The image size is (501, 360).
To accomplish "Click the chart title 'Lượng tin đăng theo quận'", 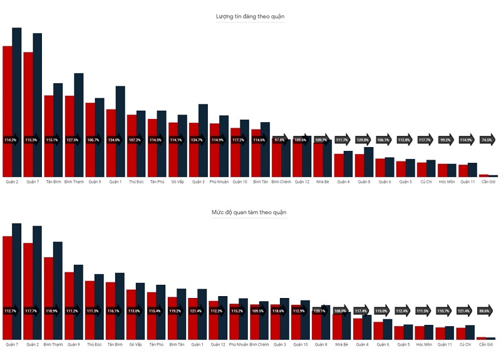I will [x=250, y=16].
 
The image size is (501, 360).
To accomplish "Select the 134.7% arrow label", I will [x=198, y=140].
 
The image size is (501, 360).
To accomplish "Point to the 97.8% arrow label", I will [x=281, y=140].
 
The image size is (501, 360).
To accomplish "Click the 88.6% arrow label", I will [x=485, y=311].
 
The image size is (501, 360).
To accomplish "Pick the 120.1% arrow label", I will [x=321, y=311].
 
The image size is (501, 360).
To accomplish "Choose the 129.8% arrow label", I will [x=363, y=140].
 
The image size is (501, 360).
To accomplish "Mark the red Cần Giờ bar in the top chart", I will [x=483, y=175].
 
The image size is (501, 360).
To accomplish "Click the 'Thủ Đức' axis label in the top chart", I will [x=136, y=182].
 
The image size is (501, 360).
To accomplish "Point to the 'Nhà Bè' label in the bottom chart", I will [x=341, y=345].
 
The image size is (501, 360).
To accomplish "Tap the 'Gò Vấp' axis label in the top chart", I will [x=177, y=182].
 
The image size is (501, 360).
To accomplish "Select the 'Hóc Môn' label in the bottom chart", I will [x=424, y=345].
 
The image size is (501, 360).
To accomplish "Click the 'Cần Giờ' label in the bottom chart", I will [x=485, y=345].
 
